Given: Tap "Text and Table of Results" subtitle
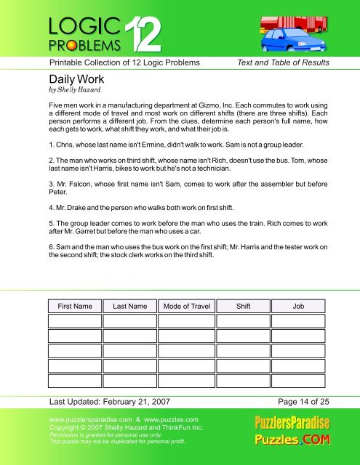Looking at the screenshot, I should pos(284,63).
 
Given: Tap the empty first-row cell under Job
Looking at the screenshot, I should pos(298,322).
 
